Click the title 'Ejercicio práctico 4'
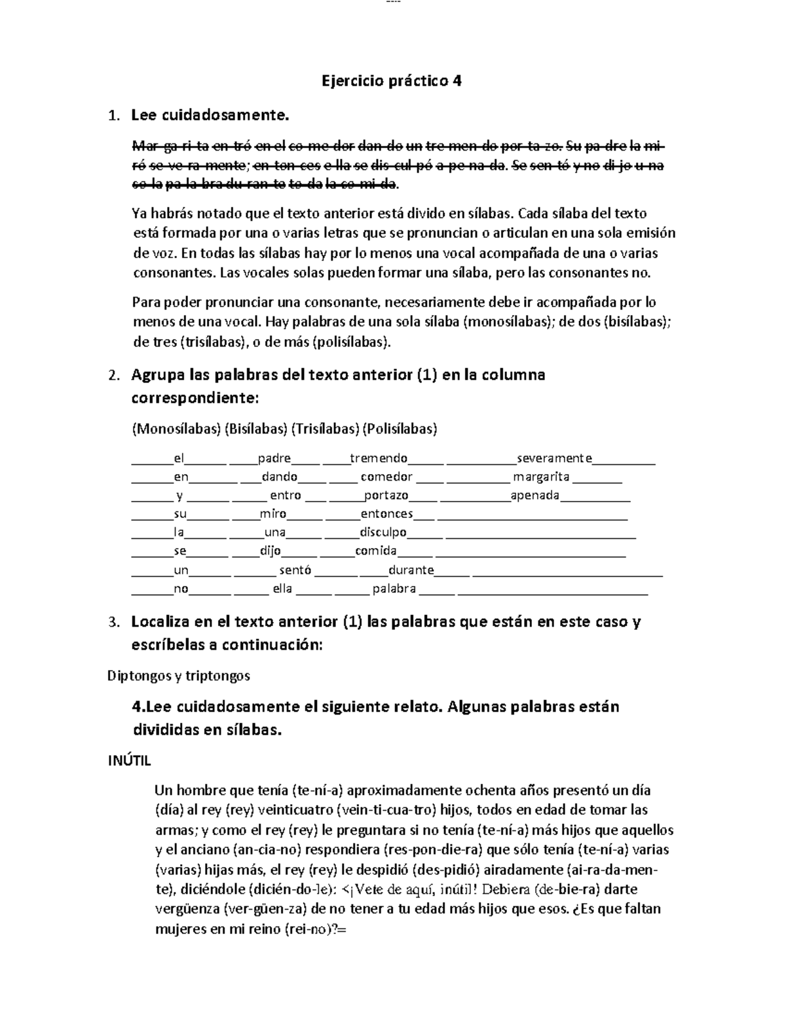coord(392,81)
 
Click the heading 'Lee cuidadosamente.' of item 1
coord(210,116)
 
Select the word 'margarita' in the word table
coord(541,477)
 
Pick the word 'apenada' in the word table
coord(535,495)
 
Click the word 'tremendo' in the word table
coord(379,458)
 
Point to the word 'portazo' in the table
coord(386,495)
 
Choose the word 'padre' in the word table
coord(274,458)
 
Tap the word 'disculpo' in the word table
coord(383,532)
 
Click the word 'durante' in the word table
coord(411,570)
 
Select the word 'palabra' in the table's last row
coord(394,589)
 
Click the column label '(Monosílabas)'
coord(176,429)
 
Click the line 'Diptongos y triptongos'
coord(178,675)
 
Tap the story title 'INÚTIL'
coord(129,761)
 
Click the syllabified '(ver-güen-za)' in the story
coord(265,909)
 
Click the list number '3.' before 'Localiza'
coord(114,622)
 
